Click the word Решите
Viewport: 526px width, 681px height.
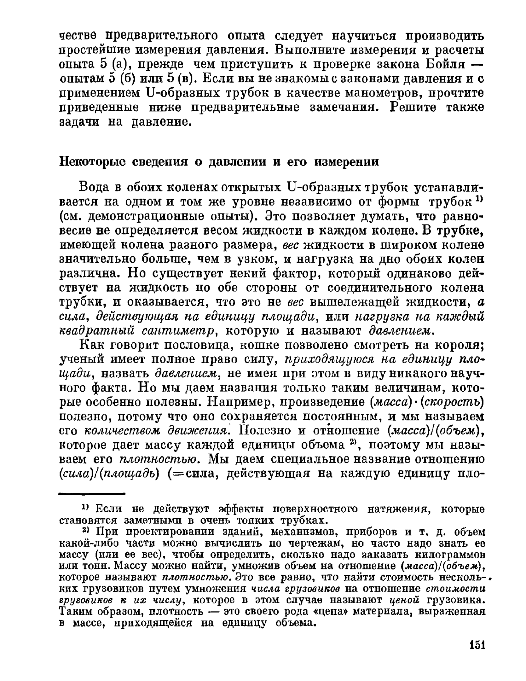413,108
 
